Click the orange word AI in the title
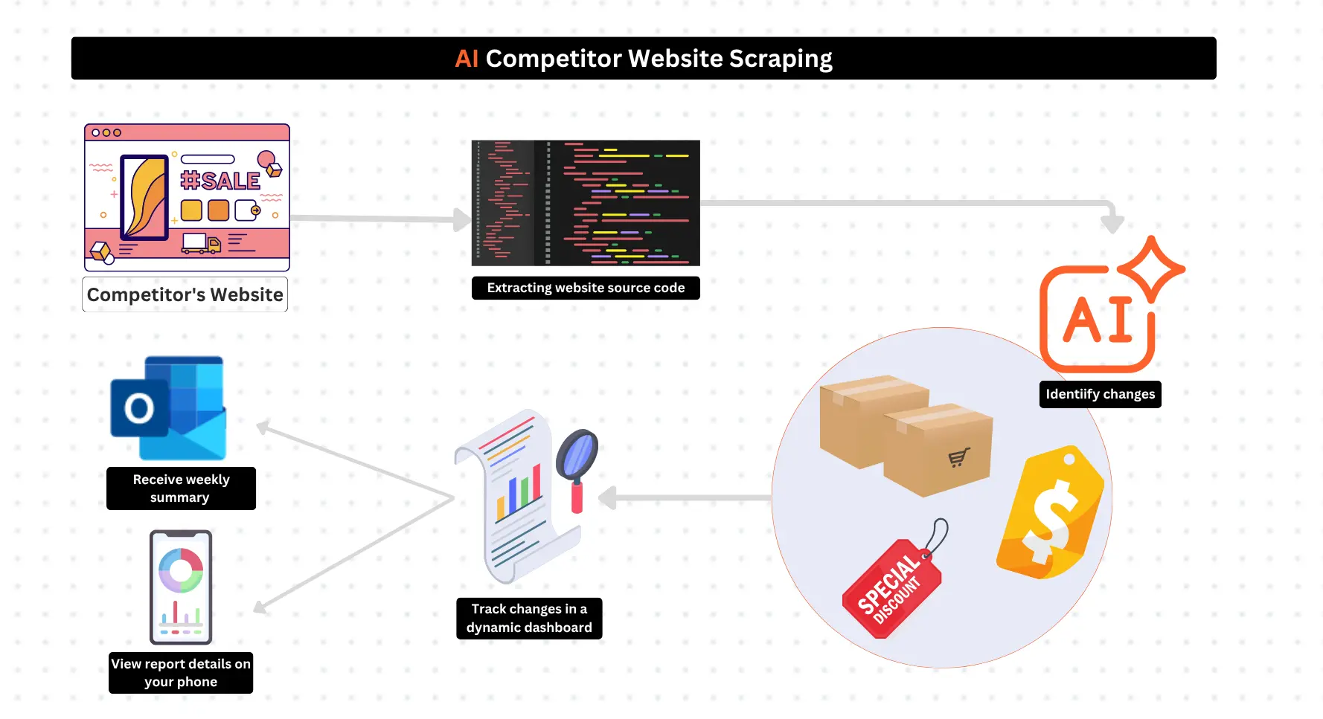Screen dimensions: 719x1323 click(x=467, y=59)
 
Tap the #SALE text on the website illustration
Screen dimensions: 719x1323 click(x=220, y=181)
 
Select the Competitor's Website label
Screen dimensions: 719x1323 click(x=185, y=294)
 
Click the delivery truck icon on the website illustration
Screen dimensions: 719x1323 click(x=202, y=243)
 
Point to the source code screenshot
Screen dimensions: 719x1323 click(x=586, y=202)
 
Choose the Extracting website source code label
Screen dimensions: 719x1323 click(x=586, y=288)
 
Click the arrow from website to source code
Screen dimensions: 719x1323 click(x=379, y=219)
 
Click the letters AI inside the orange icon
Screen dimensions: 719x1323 click(x=1098, y=320)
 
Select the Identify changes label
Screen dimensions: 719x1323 click(x=1100, y=394)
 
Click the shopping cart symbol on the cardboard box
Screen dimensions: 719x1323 click(x=959, y=457)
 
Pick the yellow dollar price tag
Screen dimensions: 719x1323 click(x=1051, y=513)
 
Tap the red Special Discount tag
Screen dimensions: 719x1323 click(x=891, y=588)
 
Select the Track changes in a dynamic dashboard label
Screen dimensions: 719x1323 click(x=529, y=618)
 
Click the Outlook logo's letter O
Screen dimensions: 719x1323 click(x=139, y=408)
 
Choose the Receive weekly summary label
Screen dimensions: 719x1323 click(x=181, y=489)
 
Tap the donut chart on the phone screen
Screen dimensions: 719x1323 click(x=181, y=570)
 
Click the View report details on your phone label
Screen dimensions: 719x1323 click(x=181, y=673)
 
